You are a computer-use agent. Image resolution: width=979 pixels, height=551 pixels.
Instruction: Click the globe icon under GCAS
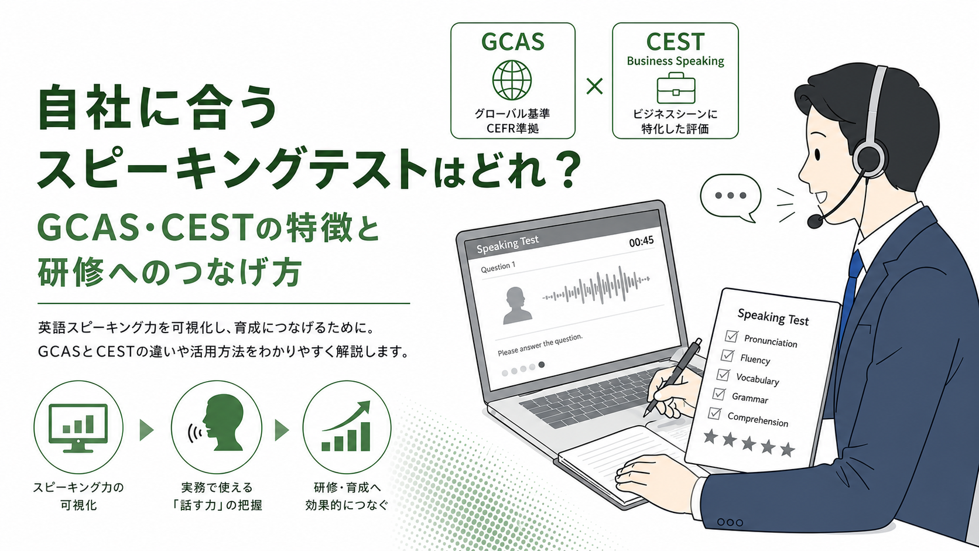pos(512,80)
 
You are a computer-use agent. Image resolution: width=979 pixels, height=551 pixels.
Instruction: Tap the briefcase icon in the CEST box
pos(676,88)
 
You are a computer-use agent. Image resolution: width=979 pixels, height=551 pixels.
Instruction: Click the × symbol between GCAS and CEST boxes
pos(594,86)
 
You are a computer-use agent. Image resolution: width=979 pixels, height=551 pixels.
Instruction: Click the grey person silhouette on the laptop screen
pos(517,305)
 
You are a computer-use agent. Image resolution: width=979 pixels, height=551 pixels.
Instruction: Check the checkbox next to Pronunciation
pos(731,336)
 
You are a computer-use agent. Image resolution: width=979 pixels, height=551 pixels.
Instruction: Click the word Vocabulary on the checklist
pos(758,379)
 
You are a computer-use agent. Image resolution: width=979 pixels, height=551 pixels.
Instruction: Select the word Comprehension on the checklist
pos(758,419)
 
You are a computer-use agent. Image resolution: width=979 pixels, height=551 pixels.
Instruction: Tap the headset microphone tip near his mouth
pos(814,221)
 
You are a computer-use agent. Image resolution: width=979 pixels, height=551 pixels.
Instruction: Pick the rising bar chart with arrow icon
pos(346,426)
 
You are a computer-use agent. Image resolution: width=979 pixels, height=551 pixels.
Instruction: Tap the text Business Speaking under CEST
pos(675,61)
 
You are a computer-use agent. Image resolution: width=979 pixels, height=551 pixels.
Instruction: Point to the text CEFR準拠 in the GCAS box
pos(512,128)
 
